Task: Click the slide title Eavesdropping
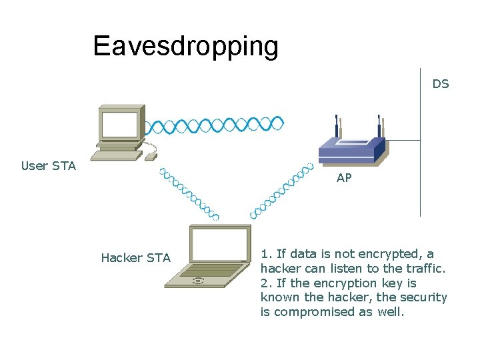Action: tap(185, 45)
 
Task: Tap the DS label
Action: tap(441, 84)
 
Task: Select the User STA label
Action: tap(49, 166)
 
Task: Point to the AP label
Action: tap(344, 178)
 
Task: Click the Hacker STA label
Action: tap(135, 258)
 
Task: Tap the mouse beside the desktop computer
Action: tap(151, 156)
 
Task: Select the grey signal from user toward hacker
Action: tap(189, 193)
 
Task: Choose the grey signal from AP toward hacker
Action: tap(281, 190)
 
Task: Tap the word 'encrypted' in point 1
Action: tap(391, 254)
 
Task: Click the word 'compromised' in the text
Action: tap(308, 311)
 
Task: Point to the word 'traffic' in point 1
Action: tap(424, 269)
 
